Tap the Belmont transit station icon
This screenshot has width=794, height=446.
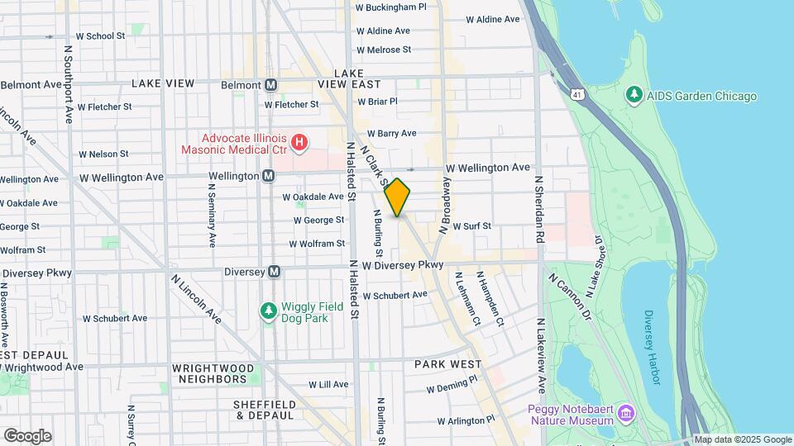(270, 84)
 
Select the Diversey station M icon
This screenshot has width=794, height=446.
(275, 272)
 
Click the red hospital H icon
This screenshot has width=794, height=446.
(299, 143)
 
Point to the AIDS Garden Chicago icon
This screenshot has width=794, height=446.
(634, 96)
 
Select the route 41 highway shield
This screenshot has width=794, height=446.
(575, 95)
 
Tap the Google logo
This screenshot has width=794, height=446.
(27, 435)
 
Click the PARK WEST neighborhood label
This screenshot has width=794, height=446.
(447, 364)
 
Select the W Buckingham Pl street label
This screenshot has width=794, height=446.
(390, 7)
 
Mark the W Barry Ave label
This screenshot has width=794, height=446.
(391, 133)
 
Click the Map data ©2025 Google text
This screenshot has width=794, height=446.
(742, 439)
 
